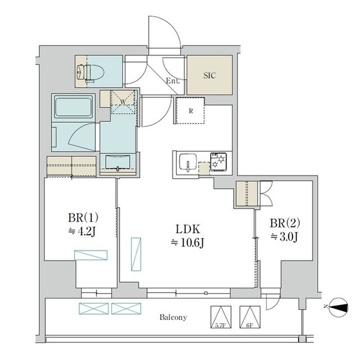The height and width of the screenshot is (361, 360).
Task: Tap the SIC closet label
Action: (x=210, y=75)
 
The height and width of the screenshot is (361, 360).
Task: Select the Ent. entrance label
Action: (x=173, y=81)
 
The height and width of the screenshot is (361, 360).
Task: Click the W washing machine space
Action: (x=123, y=102)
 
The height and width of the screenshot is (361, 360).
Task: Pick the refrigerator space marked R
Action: (x=190, y=111)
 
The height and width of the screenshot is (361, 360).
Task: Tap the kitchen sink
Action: (x=188, y=163)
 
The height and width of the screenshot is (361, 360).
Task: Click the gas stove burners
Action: (x=218, y=162)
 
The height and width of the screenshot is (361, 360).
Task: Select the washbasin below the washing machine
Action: (x=118, y=162)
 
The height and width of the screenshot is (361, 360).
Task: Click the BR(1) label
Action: (x=83, y=217)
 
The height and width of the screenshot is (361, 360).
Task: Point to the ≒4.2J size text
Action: (x=82, y=232)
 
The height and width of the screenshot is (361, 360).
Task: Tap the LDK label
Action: (x=188, y=229)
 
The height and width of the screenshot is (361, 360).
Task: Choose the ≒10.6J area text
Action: (x=188, y=243)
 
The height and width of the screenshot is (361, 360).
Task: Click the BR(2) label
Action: (x=285, y=223)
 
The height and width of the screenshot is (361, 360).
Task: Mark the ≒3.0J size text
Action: (x=285, y=237)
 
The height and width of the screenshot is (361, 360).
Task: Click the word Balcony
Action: (x=174, y=317)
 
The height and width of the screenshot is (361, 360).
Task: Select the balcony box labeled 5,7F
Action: (x=221, y=317)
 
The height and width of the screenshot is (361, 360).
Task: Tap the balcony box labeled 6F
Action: (x=250, y=317)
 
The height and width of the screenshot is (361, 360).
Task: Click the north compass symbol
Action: (x=339, y=307)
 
